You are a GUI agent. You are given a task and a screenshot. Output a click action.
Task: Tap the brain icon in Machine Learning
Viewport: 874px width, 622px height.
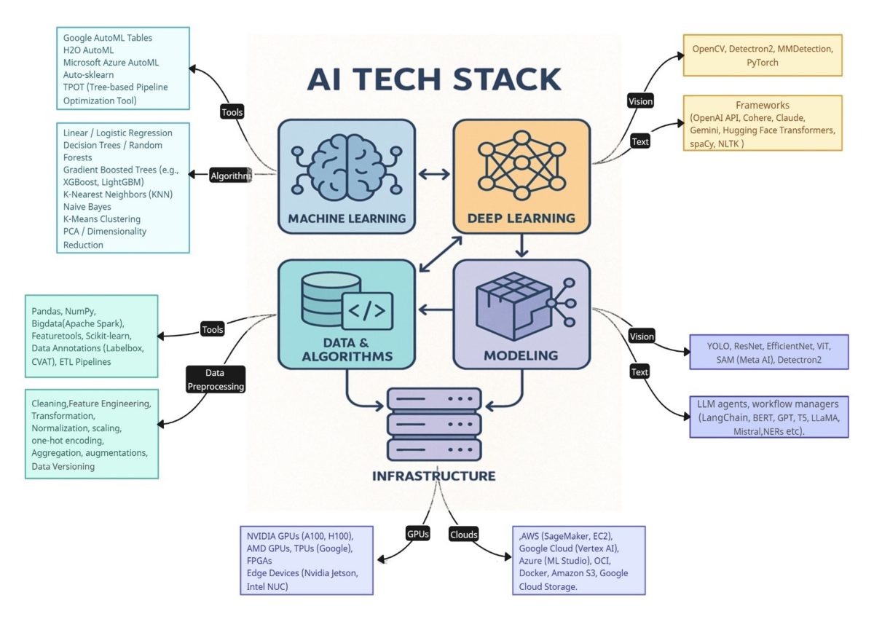pyautogui.click(x=347, y=170)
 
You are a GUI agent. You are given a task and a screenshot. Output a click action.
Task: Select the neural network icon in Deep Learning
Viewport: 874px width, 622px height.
pyautogui.click(x=521, y=167)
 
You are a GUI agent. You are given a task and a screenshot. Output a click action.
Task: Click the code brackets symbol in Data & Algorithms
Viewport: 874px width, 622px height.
pyautogui.click(x=367, y=312)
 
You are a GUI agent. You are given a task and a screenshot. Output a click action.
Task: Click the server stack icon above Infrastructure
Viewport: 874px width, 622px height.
pyautogui.click(x=434, y=424)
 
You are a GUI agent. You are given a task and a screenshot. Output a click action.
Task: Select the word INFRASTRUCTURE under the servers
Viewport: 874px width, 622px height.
pyautogui.click(x=434, y=476)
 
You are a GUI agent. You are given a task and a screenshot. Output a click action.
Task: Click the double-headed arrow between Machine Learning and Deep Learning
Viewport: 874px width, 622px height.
pyautogui.click(x=434, y=174)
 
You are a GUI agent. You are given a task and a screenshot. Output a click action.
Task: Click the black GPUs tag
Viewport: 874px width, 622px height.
pyautogui.click(x=418, y=534)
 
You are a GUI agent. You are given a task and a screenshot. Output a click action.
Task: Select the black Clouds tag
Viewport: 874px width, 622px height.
pyautogui.click(x=464, y=535)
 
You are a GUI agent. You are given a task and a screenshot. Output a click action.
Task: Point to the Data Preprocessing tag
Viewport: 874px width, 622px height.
pyautogui.click(x=215, y=380)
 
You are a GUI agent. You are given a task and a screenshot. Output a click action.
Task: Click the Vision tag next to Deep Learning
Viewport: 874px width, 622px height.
pyautogui.click(x=640, y=101)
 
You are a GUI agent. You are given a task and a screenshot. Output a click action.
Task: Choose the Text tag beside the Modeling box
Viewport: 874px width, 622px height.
pyautogui.click(x=639, y=372)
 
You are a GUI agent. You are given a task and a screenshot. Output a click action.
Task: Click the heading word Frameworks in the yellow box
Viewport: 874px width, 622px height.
pyautogui.click(x=762, y=106)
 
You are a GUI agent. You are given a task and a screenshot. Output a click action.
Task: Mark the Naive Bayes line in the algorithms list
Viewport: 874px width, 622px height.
pyautogui.click(x=87, y=207)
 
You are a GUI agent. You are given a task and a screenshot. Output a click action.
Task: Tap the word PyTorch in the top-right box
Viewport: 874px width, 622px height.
pyautogui.click(x=762, y=63)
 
